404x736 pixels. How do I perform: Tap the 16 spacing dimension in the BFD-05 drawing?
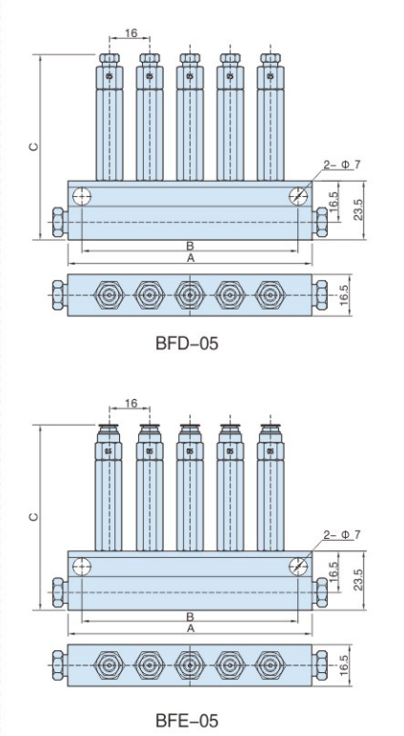click(130, 33)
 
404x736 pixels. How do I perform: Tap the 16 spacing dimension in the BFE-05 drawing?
click(130, 404)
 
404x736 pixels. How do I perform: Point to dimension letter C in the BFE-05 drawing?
click(32, 516)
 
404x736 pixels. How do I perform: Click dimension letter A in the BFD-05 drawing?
click(190, 258)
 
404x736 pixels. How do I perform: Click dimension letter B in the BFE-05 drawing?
click(190, 618)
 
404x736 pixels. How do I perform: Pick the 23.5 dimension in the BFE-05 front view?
click(357, 580)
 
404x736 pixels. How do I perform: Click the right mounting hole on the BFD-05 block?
click(299, 196)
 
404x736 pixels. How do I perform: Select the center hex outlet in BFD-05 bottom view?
click(191, 295)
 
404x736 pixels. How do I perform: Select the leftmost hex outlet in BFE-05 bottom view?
click(110, 666)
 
